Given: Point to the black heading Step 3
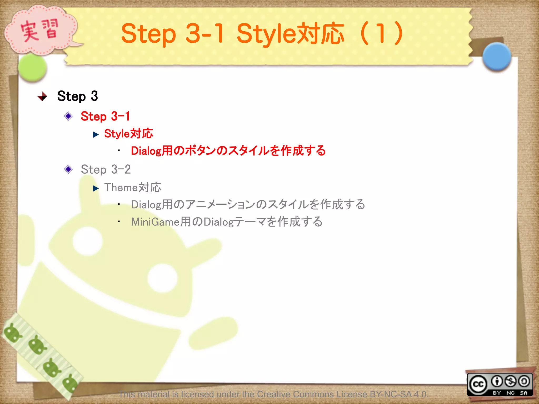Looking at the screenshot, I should [77, 96].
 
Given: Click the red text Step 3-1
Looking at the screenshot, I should [105, 116].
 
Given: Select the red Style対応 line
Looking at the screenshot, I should [128, 134].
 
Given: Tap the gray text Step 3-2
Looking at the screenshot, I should [106, 169].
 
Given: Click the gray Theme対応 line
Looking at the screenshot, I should [133, 188].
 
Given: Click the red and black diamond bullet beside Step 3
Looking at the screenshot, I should [42, 96].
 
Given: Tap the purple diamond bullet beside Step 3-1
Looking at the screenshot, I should [68, 116].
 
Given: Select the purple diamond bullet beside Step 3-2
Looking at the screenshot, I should [68, 169].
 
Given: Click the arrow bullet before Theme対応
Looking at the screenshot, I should [96, 188].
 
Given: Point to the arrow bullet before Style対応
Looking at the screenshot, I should [96, 135].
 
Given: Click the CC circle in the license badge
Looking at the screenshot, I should [478, 384].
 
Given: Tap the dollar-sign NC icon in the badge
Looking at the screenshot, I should [511, 381].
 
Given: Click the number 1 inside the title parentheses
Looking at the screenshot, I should [381, 34].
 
